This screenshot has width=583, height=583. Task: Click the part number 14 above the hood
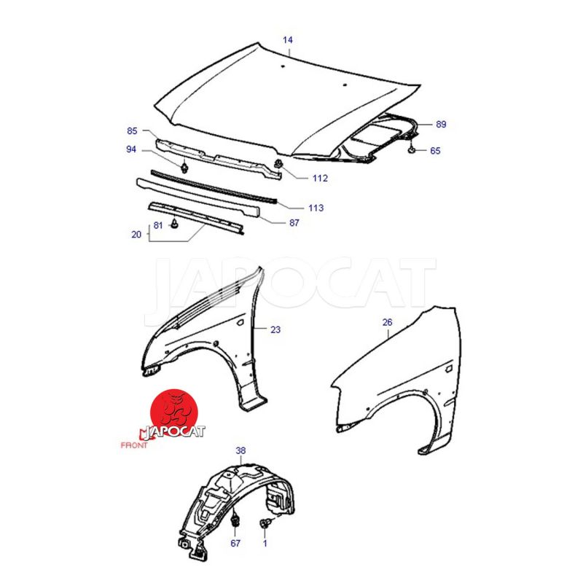[288, 40]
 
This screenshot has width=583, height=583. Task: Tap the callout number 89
[441, 124]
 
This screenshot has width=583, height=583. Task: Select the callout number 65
[435, 151]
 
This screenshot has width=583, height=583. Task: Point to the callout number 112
[320, 179]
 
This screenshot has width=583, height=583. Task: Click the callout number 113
[316, 208]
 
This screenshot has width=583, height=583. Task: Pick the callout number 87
[294, 223]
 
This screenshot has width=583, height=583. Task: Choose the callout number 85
[132, 131]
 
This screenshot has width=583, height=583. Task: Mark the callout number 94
[131, 149]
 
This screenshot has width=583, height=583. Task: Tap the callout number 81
[158, 225]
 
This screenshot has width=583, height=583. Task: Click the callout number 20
[136, 235]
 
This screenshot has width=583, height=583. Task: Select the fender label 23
[275, 330]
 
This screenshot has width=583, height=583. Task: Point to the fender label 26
[388, 322]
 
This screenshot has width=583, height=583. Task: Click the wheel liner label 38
[240, 450]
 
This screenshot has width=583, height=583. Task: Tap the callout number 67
[235, 543]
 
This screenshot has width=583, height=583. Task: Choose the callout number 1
[265, 543]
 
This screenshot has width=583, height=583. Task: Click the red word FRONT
[134, 445]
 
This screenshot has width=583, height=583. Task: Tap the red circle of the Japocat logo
[173, 412]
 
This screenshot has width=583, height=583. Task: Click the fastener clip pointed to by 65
[412, 149]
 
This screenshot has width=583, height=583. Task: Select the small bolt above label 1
[265, 523]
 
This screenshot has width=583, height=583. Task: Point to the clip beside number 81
[174, 224]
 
